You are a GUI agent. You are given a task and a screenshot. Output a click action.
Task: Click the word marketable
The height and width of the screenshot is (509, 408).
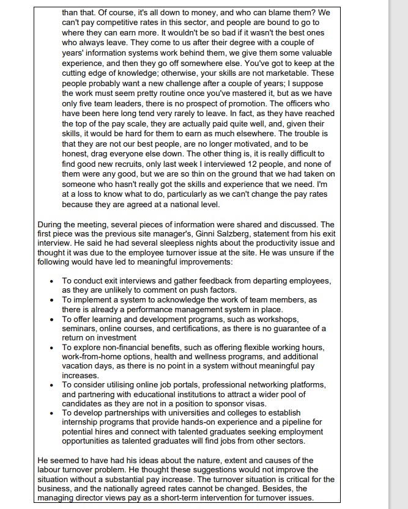click(276, 73)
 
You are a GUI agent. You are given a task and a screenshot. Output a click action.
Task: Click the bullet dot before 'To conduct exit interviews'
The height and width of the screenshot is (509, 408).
click(52, 281)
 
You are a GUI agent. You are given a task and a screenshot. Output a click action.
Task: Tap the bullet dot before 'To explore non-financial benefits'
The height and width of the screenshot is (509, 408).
click(52, 347)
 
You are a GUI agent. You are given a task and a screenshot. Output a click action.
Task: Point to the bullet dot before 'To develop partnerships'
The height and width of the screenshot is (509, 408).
click(52, 413)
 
